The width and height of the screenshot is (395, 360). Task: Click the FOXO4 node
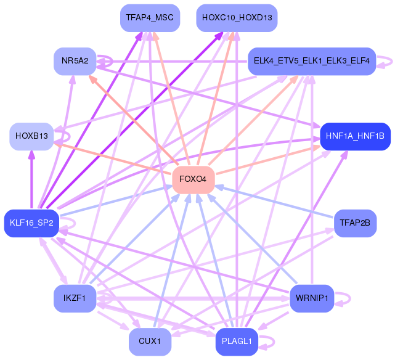click(x=193, y=179)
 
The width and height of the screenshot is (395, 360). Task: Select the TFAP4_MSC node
click(x=150, y=18)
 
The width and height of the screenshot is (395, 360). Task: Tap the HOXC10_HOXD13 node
click(x=237, y=18)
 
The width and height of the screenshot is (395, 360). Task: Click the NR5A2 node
click(x=75, y=61)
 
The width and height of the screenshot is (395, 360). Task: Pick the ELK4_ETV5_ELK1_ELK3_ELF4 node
click(x=312, y=61)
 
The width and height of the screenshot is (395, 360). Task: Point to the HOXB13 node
click(x=32, y=136)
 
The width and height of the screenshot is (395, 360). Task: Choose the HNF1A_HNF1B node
click(x=355, y=136)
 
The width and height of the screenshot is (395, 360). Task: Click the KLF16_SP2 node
click(x=31, y=223)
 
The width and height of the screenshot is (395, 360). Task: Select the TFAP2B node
click(x=355, y=223)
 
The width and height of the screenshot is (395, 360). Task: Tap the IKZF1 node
click(x=75, y=298)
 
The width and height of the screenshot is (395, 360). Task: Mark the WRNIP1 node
click(x=312, y=298)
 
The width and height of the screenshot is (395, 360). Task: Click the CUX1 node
click(x=150, y=342)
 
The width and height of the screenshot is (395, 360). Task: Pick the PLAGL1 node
click(x=237, y=342)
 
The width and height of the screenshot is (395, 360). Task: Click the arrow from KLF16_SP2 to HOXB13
click(x=31, y=180)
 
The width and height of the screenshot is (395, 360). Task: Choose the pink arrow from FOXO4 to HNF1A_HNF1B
click(x=268, y=160)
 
